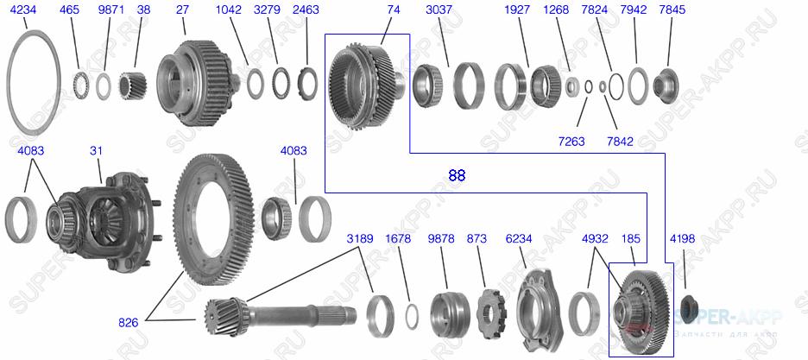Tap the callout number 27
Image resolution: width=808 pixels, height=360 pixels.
(182, 10)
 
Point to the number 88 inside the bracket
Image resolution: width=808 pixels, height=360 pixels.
(457, 175)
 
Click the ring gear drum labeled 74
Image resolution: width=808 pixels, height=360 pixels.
(364, 85)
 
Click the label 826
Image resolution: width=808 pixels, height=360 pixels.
(129, 323)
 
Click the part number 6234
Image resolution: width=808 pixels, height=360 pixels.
(521, 237)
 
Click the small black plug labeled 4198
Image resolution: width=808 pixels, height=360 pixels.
(689, 307)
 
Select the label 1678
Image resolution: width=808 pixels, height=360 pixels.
(398, 237)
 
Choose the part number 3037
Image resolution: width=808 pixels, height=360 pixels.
(439, 10)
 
